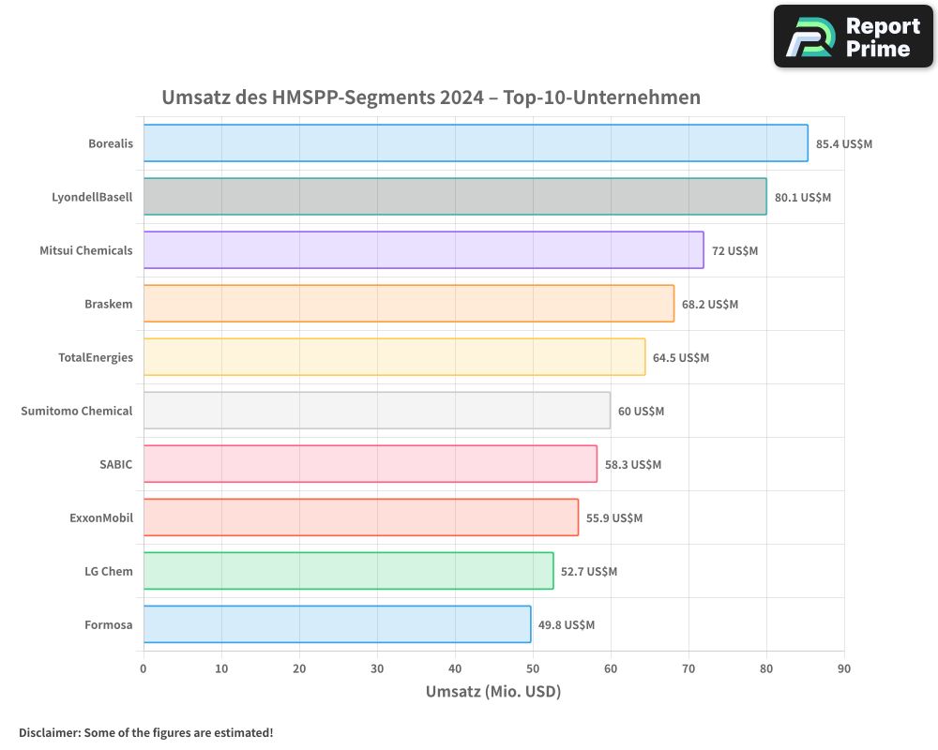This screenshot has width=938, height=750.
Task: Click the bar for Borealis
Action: [x=475, y=143]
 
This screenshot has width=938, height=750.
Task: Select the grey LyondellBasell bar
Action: [x=454, y=197]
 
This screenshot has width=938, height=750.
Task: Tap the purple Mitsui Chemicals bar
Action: [x=423, y=250]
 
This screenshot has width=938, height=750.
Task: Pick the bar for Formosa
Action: [x=337, y=624]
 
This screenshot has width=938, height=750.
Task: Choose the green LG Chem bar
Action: [x=348, y=571]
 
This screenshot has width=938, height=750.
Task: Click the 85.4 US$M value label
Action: [x=844, y=144]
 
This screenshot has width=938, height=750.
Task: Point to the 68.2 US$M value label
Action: [x=710, y=305]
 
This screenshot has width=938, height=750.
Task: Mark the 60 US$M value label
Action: [x=641, y=412]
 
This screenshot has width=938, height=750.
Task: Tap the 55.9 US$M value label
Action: [x=614, y=518]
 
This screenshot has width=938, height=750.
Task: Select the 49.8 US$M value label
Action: [x=567, y=625]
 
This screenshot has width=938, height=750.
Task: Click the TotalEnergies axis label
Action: [x=96, y=357]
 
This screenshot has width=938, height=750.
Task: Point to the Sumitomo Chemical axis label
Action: [x=77, y=411]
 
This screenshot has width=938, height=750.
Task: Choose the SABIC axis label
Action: [x=116, y=464]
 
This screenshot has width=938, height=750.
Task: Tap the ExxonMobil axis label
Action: [x=101, y=517]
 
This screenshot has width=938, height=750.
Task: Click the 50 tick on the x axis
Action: [x=533, y=668]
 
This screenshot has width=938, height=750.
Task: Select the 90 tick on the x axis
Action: [x=844, y=668]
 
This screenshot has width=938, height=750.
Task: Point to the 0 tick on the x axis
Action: [x=144, y=668]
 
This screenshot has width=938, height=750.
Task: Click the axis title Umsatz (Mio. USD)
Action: [x=493, y=692]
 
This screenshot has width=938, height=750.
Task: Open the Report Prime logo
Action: [x=853, y=37]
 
